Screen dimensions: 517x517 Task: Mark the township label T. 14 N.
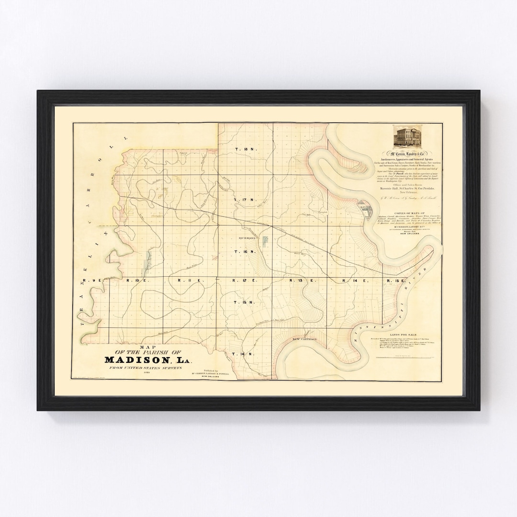(x=238, y=353)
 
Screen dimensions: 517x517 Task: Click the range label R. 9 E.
(x=91, y=280)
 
